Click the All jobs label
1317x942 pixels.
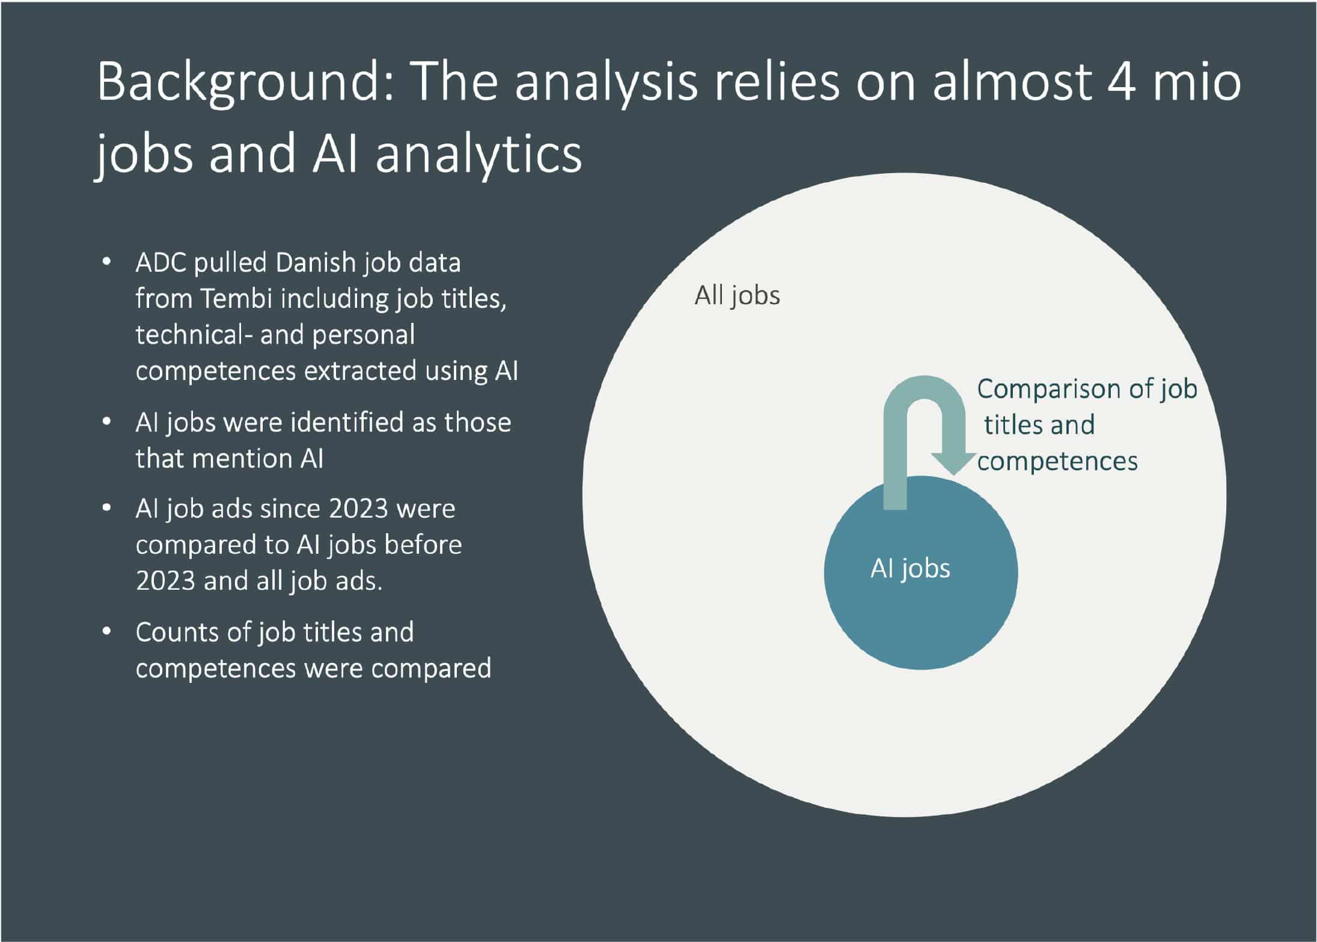738,296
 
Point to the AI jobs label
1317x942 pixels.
910,568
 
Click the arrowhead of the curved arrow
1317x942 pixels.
953,463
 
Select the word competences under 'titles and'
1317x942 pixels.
1057,461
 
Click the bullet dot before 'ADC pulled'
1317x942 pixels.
107,263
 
